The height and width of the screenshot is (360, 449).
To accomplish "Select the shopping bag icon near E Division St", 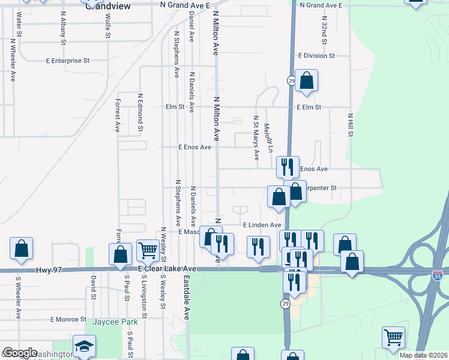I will [x=306, y=81].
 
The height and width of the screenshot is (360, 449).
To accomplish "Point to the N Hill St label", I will [x=350, y=126].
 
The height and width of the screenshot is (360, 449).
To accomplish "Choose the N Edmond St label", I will [x=140, y=112].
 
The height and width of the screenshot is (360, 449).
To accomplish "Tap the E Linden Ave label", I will [x=262, y=225].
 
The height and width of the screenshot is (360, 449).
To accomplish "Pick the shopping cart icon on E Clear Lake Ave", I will [x=148, y=250].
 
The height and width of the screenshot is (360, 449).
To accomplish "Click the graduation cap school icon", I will [x=84, y=346].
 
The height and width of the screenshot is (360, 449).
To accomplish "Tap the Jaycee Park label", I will [x=115, y=322].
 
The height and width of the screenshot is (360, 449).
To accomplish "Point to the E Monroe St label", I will [x=68, y=319].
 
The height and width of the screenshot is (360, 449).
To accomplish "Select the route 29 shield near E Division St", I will [x=291, y=80].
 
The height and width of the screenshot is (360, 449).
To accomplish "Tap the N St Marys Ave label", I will [x=256, y=138].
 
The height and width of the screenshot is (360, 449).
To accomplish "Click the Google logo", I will [x=20, y=353].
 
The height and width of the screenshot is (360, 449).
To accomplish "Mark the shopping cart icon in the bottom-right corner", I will [x=393, y=337].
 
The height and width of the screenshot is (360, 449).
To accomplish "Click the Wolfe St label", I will [x=108, y=25].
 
